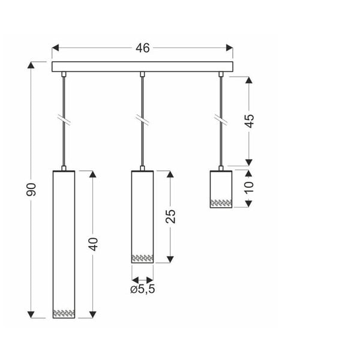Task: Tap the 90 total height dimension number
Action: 32,189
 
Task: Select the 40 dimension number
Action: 93,244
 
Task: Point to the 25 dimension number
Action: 171,216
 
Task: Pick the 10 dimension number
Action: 250,187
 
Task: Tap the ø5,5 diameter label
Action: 143,290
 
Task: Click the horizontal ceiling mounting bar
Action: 142,67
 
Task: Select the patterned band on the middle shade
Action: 142,258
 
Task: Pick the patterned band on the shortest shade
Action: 221,202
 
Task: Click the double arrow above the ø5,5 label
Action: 142,279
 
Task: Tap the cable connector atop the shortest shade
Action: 221,168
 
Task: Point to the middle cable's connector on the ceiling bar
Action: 142,74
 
